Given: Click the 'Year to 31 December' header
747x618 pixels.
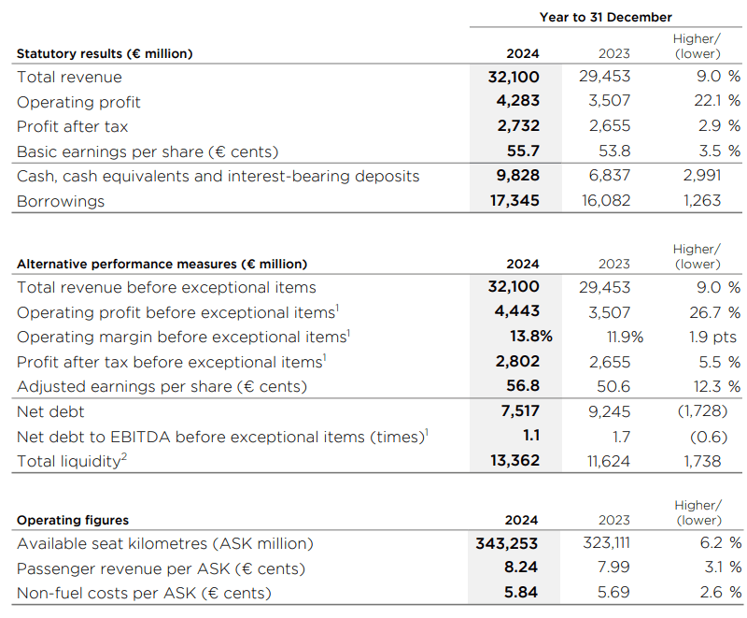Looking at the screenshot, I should (605, 17).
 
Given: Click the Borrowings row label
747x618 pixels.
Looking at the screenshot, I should (61, 201).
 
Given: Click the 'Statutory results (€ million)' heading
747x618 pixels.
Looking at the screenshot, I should (105, 53).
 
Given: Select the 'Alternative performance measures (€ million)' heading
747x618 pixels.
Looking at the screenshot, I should (162, 264).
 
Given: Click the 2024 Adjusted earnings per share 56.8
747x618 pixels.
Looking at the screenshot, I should (522, 386).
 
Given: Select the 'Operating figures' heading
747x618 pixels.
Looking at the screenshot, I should (73, 520).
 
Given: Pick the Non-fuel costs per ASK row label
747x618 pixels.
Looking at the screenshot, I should (144, 592).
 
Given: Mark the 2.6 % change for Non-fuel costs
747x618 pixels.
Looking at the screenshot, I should (718, 592).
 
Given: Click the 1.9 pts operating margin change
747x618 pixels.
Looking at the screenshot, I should (712, 337).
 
